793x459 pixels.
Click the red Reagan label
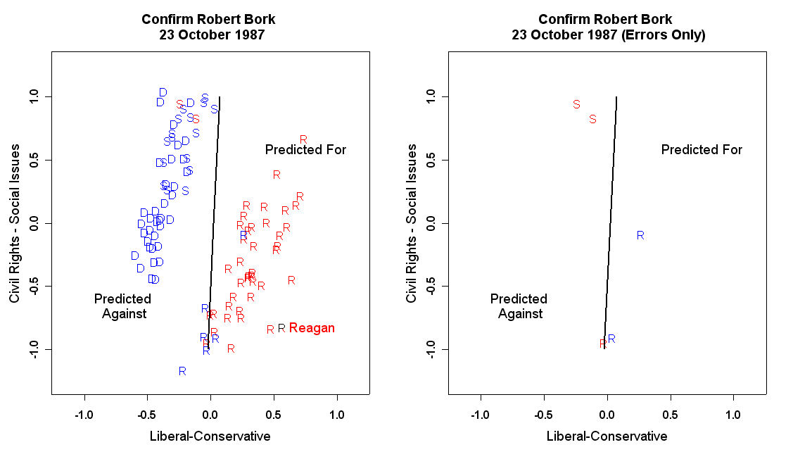[312, 328]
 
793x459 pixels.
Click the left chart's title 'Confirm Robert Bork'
[210, 19]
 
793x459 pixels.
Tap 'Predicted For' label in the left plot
[305, 150]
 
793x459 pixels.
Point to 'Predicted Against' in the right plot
[519, 306]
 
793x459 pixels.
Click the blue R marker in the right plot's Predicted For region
[640, 235]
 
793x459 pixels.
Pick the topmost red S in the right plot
[576, 104]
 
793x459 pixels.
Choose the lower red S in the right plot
[592, 120]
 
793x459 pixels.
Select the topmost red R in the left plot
[303, 140]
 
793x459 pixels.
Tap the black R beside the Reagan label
[281, 328]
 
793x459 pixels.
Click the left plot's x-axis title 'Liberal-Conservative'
[210, 436]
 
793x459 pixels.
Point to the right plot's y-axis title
[412, 224]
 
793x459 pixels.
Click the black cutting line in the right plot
[611, 224]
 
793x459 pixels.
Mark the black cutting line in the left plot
[215, 224]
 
